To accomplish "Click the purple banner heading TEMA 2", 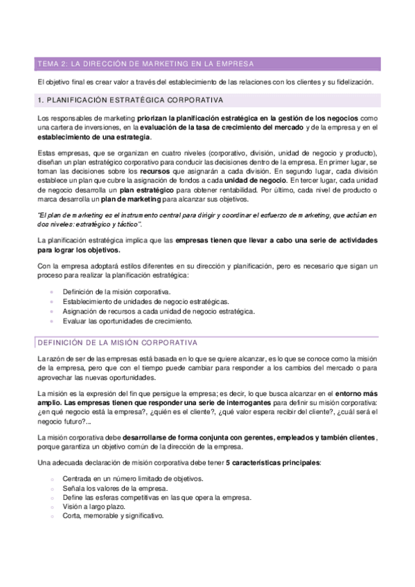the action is (x=145, y=64).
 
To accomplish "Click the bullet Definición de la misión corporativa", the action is (x=116, y=292).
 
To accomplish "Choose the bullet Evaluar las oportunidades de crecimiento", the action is (x=126, y=321).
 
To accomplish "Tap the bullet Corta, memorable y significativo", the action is (x=112, y=516).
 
